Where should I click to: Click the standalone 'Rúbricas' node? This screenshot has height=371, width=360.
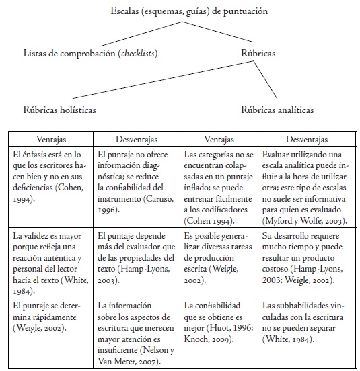(260, 52)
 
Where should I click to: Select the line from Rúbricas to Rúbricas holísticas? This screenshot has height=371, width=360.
(161, 80)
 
